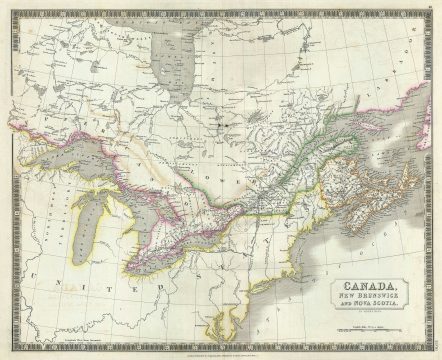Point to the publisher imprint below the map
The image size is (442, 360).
click(221, 351)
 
